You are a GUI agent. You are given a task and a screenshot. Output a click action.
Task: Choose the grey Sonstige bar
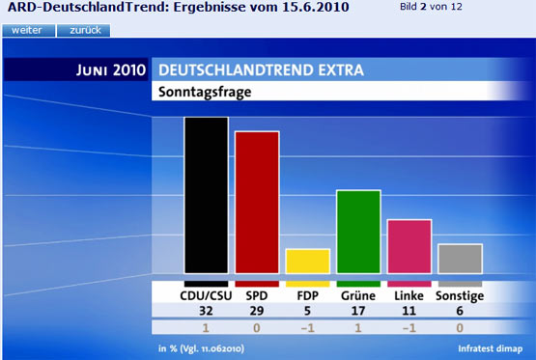tap(460, 258)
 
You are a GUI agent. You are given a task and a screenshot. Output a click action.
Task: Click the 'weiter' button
tap(27, 30)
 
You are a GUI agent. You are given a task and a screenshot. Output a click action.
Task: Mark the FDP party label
tap(307, 295)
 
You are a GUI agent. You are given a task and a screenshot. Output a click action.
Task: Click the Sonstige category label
tap(460, 295)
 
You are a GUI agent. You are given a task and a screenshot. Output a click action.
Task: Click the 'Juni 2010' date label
tap(110, 70)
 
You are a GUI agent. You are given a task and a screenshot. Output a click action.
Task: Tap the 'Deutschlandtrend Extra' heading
tap(260, 70)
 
